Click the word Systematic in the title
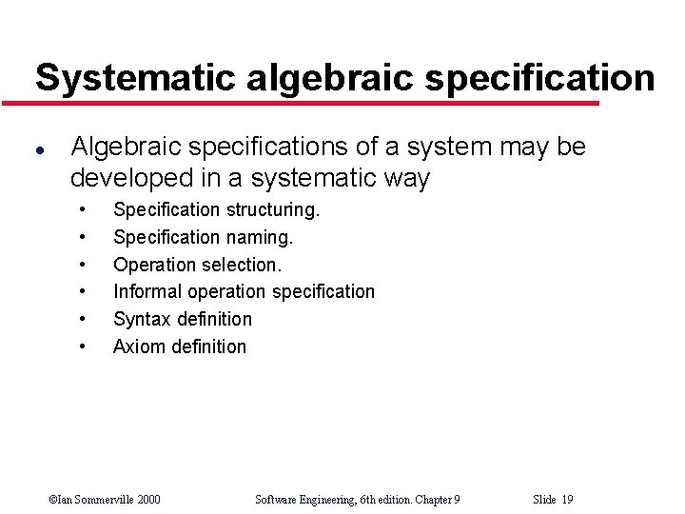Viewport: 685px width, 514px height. point(135,77)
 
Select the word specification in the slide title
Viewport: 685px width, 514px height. point(539,77)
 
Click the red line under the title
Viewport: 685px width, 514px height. point(314,103)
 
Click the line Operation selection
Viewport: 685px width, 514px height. point(197,265)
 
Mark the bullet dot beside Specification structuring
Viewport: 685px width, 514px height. point(85,209)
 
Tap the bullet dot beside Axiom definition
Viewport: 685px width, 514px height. point(85,346)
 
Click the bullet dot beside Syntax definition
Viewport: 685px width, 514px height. point(85,319)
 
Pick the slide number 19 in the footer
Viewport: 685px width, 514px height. point(567,500)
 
